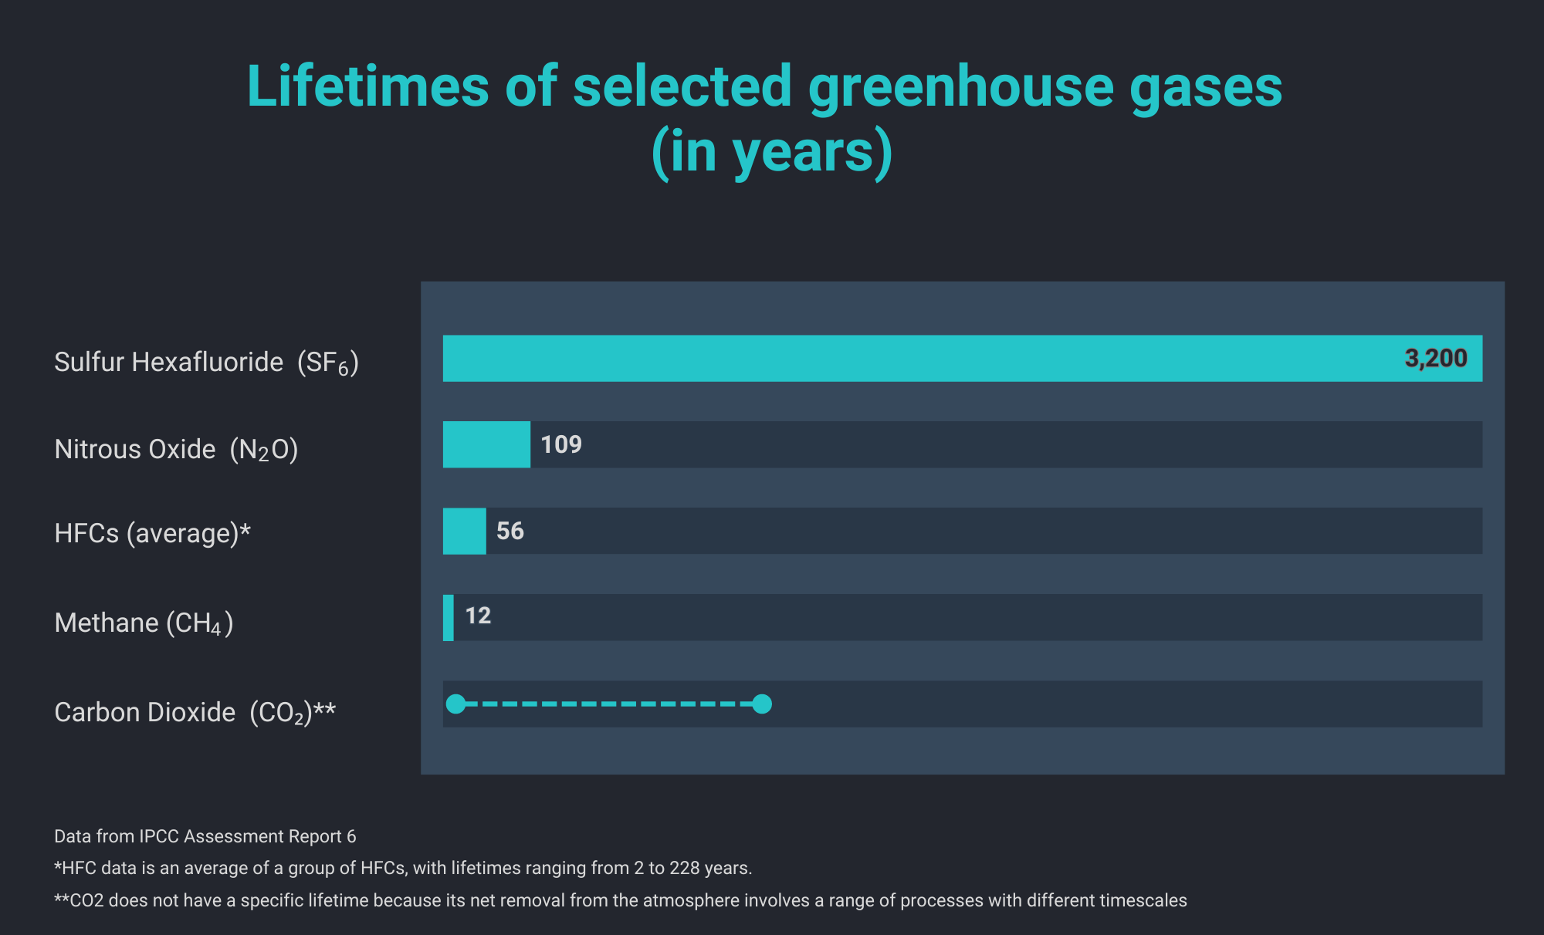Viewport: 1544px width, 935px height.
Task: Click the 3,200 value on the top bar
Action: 1435,358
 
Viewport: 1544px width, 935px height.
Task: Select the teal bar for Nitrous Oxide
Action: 486,444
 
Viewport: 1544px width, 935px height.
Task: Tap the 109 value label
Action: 561,444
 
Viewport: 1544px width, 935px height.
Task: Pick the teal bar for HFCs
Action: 464,531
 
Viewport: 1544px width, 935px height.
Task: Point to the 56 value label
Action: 510,531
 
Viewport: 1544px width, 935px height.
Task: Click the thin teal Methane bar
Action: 448,617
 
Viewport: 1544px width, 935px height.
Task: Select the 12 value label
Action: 478,616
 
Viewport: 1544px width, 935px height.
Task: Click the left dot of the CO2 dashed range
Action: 456,704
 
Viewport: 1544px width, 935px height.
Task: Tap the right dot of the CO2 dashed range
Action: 762,704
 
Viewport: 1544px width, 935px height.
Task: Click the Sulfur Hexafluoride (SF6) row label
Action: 206,362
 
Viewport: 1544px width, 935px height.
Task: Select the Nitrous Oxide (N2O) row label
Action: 176,449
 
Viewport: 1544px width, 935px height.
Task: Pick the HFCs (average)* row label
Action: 152,533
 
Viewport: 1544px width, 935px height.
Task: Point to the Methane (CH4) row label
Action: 144,623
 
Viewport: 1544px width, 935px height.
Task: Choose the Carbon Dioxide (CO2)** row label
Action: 195,712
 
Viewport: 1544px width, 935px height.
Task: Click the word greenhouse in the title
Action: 960,86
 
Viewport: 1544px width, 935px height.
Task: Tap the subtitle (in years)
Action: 772,151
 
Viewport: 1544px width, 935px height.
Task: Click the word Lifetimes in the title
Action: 367,86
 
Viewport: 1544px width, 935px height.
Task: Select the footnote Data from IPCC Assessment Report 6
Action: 205,836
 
